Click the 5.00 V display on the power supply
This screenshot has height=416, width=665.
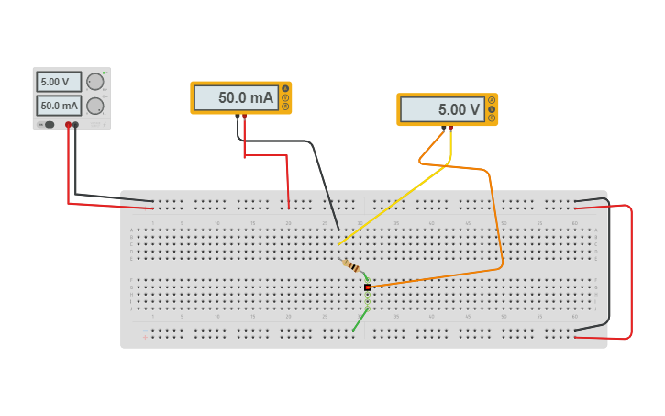(59, 82)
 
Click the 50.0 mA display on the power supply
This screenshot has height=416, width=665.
(59, 106)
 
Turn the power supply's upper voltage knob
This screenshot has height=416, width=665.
(95, 82)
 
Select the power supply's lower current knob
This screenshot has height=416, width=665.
(95, 106)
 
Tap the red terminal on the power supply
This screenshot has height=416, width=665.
(68, 124)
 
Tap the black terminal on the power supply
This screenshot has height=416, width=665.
(75, 124)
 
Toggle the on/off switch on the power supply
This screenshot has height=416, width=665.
(48, 124)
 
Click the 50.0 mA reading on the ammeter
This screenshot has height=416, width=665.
(236, 97)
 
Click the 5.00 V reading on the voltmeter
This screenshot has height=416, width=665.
(442, 109)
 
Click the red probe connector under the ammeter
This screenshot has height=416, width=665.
(244, 117)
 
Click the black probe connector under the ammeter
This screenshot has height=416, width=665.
(238, 117)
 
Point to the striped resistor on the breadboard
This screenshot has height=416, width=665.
(351, 265)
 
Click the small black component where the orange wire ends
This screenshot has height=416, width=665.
(368, 287)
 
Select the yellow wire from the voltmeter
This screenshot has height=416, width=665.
(394, 203)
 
